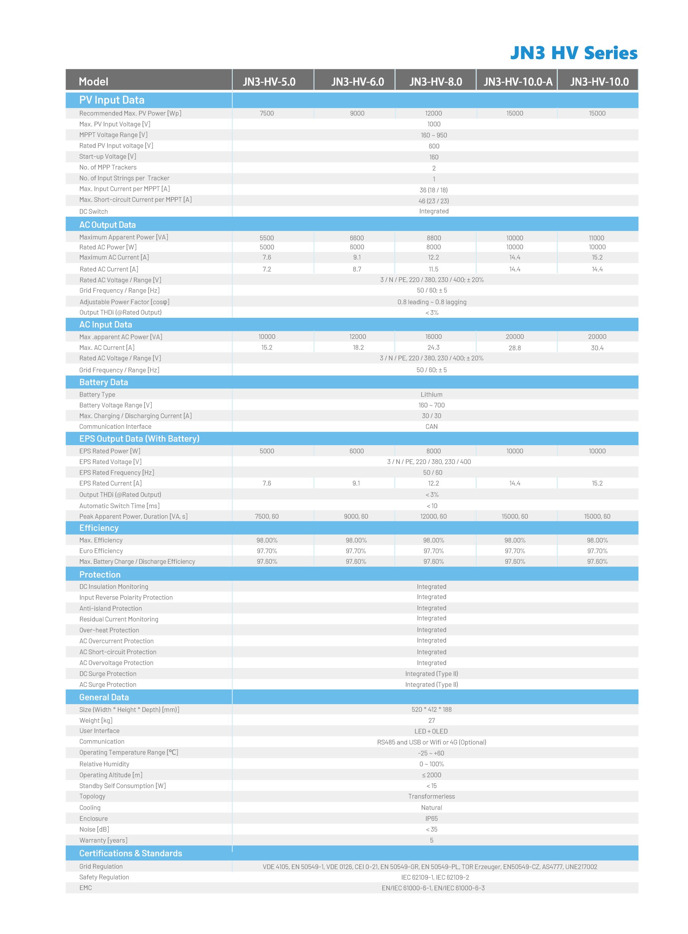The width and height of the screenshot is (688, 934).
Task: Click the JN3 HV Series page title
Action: (573, 53)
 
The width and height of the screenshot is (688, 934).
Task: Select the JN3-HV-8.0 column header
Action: (436, 82)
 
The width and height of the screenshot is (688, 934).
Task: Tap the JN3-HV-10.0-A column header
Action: (518, 82)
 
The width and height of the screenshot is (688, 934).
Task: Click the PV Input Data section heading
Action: (112, 100)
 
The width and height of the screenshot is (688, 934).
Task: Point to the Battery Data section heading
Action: (103, 382)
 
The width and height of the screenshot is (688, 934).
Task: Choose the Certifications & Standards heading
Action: (130, 853)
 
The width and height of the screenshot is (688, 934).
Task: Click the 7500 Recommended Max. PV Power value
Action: (267, 113)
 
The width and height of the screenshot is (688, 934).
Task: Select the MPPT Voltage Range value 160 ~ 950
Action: (433, 135)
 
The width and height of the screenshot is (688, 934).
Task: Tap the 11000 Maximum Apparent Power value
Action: (596, 238)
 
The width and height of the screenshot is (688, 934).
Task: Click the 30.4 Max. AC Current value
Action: (597, 348)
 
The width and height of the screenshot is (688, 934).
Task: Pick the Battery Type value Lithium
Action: (432, 394)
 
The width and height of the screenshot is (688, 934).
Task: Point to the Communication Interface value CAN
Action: (432, 427)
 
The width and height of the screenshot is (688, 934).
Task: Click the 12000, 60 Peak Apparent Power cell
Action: (433, 516)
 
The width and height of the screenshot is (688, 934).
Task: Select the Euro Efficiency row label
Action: (101, 551)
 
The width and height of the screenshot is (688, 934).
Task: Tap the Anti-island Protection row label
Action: (111, 608)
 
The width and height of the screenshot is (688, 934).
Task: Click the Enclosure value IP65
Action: (432, 818)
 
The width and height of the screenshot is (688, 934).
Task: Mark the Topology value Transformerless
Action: (432, 796)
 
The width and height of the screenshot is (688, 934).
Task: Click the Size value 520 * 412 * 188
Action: (432, 710)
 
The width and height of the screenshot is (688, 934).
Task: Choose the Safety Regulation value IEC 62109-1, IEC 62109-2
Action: (435, 877)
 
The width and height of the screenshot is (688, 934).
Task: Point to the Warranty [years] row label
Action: (103, 840)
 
